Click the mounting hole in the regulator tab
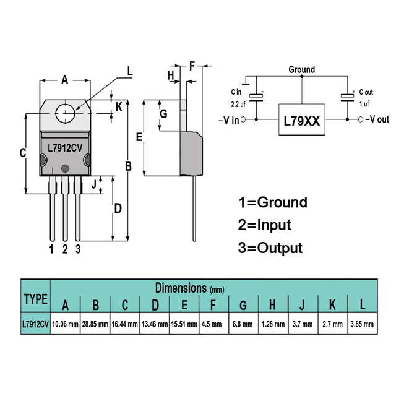[66, 114]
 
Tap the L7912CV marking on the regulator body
[66, 148]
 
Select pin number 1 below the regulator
[52, 249]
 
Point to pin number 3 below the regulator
[78, 249]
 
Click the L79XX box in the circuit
[301, 122]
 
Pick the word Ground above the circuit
[301, 70]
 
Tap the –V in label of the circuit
[228, 120]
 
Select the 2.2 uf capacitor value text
[239, 104]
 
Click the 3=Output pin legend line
[270, 248]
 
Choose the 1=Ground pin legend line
[272, 202]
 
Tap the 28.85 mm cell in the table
[95, 324]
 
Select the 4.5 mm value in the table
[213, 324]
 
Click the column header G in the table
[243, 304]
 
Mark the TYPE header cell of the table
[35, 299]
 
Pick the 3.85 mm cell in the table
[363, 324]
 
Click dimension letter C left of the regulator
[23, 153]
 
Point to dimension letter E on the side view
[139, 137]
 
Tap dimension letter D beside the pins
[118, 209]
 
